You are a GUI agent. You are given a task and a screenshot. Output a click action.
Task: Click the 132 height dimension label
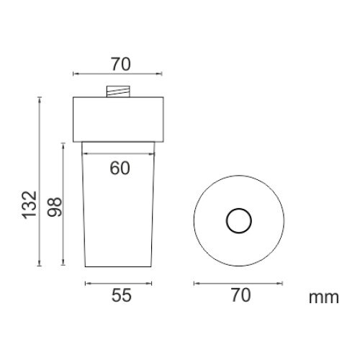[x=30, y=204]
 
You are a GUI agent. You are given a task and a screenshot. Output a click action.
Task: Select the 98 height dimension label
[x=55, y=207]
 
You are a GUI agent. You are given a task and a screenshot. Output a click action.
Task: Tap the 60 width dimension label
[x=120, y=168]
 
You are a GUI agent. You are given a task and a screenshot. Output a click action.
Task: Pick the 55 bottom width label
[x=122, y=295]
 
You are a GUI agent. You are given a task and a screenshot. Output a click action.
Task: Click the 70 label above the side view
[x=121, y=64]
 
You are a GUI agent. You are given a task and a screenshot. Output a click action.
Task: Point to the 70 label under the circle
[x=240, y=295]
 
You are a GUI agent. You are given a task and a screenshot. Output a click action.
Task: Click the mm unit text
[x=324, y=298]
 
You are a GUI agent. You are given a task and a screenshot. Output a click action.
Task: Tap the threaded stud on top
[x=118, y=91]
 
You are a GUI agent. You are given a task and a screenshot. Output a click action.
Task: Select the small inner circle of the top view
[x=239, y=208]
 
